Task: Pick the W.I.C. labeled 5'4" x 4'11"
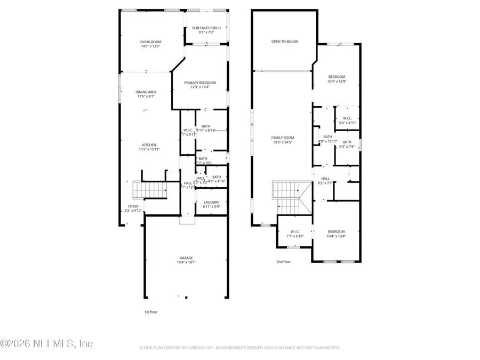(347, 121)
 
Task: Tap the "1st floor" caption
(151, 311)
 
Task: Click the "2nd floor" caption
(283, 261)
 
